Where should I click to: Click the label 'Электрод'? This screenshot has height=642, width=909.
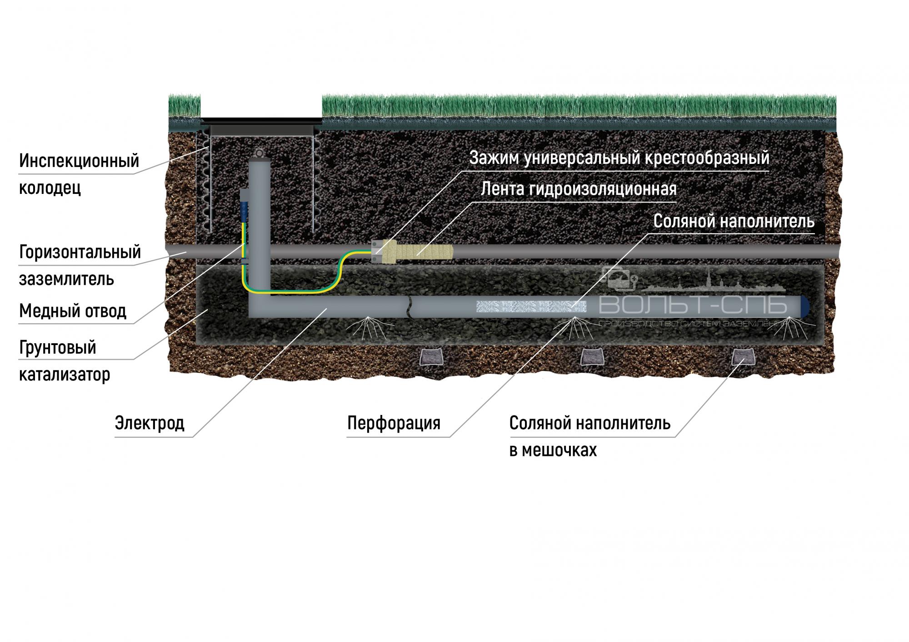(150, 423)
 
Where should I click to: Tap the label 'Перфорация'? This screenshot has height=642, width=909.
(394, 423)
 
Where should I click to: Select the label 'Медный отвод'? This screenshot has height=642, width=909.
(73, 311)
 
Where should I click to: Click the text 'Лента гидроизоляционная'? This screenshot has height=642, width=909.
(579, 189)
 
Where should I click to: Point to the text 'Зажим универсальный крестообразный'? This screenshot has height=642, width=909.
(619, 158)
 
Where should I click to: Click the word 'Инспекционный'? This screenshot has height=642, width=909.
(79, 161)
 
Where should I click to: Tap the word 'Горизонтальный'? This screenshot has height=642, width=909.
(80, 252)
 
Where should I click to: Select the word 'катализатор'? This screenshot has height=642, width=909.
(65, 375)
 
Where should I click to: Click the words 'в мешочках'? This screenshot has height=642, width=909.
(553, 450)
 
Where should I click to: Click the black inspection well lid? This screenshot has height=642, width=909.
(261, 122)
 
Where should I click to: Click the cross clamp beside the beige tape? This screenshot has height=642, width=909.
(377, 251)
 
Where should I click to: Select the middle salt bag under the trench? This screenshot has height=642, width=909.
(592, 357)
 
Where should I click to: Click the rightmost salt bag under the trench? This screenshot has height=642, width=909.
(743, 357)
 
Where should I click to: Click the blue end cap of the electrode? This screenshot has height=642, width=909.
(804, 306)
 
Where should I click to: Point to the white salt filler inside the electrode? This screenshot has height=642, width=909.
(531, 306)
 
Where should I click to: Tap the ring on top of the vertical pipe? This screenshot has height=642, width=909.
(260, 153)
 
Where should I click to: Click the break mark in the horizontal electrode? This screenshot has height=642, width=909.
(409, 306)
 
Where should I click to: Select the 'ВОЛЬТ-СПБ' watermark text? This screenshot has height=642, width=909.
(693, 306)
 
